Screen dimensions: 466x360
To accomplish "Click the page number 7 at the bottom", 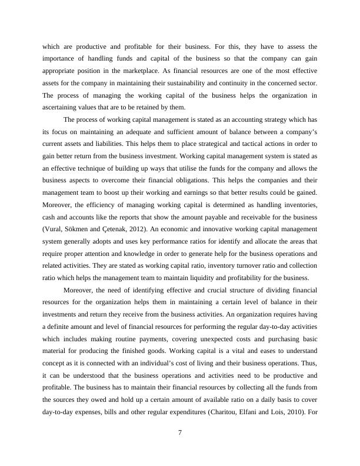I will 180,433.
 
